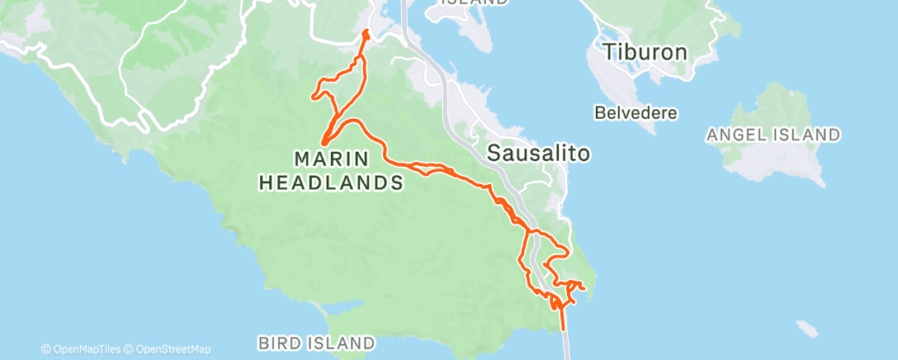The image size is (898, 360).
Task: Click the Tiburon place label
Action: (x=645, y=52)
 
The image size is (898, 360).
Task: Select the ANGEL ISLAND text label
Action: (x=774, y=134)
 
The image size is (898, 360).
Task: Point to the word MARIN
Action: (x=331, y=157)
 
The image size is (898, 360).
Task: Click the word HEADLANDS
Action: (x=331, y=182)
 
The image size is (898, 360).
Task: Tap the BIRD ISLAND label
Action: (x=316, y=342)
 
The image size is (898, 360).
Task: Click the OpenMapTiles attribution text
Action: (x=83, y=349)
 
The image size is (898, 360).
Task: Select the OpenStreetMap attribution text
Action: (x=168, y=349)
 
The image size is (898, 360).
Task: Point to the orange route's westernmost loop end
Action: (x=313, y=97)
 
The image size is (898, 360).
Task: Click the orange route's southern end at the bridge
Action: (x=565, y=329)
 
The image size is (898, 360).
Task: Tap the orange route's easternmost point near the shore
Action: (x=584, y=287)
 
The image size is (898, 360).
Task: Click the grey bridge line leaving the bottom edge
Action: (x=566, y=351)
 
